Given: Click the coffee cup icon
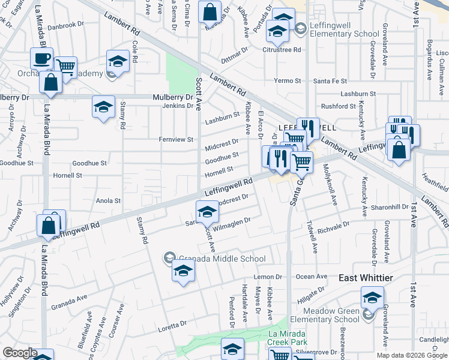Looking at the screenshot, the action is point(41,58).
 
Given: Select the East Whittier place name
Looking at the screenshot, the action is point(366,278).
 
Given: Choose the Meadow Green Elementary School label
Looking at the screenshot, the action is point(331,315).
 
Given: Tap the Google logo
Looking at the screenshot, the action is point(20,353).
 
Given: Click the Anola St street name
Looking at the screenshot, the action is point(109,201).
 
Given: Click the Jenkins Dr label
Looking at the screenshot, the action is point(176,106).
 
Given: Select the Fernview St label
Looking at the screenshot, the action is point(176,139).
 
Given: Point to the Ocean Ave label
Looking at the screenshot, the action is point(312,277).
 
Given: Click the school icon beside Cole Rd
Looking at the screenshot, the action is point(118,61).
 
